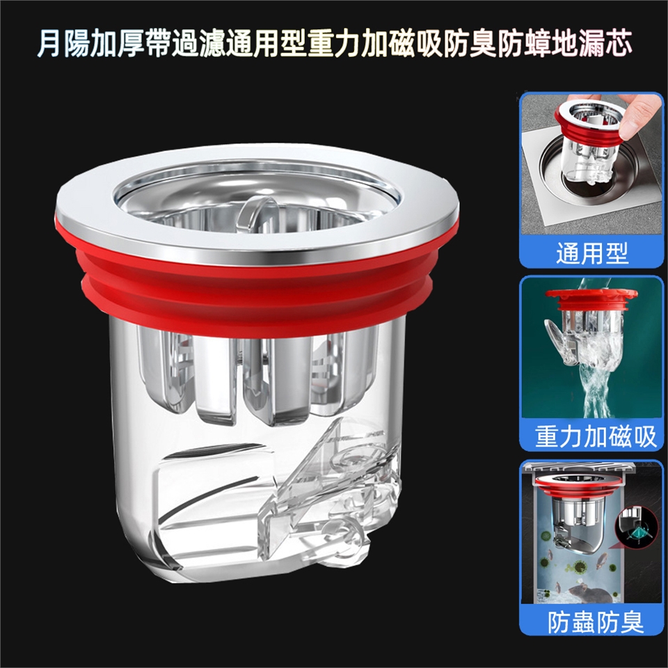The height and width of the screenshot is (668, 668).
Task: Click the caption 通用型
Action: pyautogui.click(x=592, y=253)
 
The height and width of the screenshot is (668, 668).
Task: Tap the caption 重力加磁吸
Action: pyautogui.click(x=596, y=437)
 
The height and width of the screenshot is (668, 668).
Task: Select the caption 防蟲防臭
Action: pyautogui.click(x=596, y=622)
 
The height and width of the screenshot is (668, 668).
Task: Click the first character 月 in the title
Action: pyautogui.click(x=49, y=44)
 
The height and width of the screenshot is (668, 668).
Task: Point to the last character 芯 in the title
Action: pyautogui.click(x=618, y=44)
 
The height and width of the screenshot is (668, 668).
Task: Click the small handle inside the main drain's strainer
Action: pyautogui.click(x=257, y=211)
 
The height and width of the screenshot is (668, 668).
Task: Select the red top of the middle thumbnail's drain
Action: pyautogui.click(x=591, y=299)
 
